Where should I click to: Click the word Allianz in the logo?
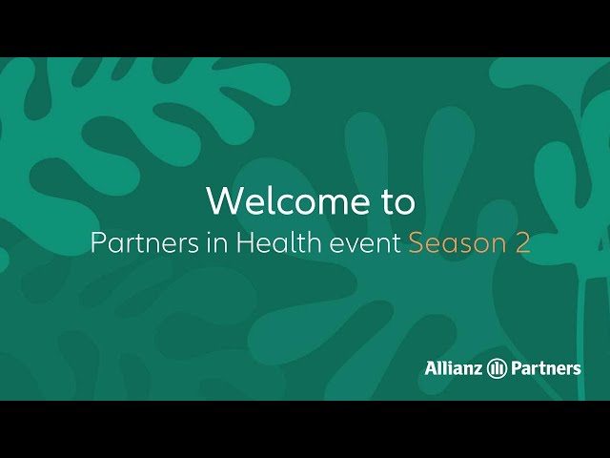454,367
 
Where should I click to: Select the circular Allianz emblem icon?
497,368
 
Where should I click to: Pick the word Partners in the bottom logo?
546,368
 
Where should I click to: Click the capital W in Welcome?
225,200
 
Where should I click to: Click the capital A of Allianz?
432,368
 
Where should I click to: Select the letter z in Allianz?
477,370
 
